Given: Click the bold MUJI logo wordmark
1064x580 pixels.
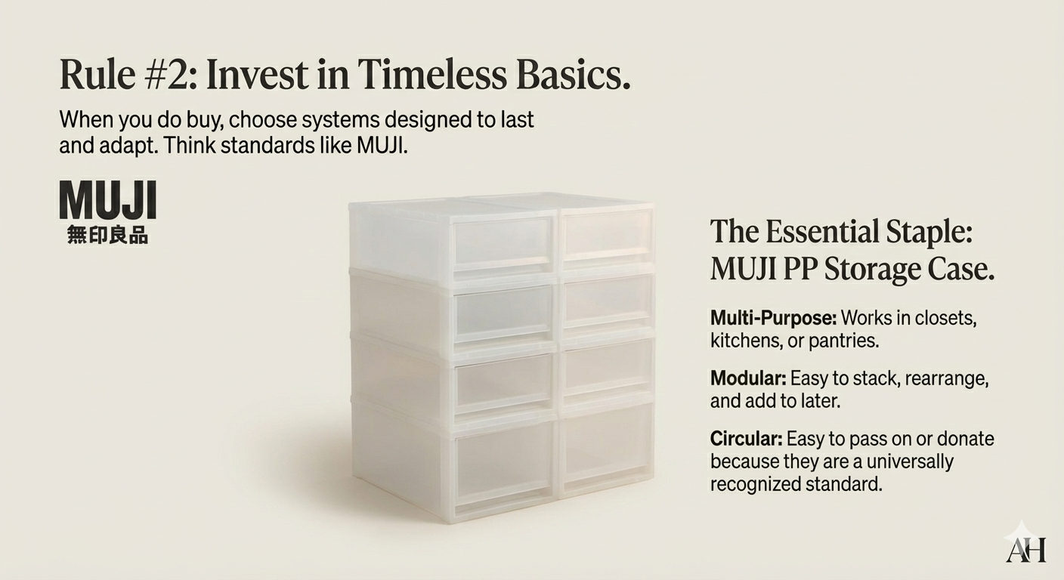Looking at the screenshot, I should point(107,200).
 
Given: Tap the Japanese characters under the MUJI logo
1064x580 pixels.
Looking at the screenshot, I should point(107,235).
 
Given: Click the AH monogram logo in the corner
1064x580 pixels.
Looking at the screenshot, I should point(1025,548).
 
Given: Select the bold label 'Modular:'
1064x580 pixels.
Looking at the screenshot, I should point(747,378).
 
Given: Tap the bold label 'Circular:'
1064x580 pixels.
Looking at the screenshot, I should point(746,439).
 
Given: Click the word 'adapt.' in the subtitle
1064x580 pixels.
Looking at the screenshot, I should point(131,145).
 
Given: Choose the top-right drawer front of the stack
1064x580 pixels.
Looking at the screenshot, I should point(606,234).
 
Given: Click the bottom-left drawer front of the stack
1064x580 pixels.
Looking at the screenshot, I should point(503,461).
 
